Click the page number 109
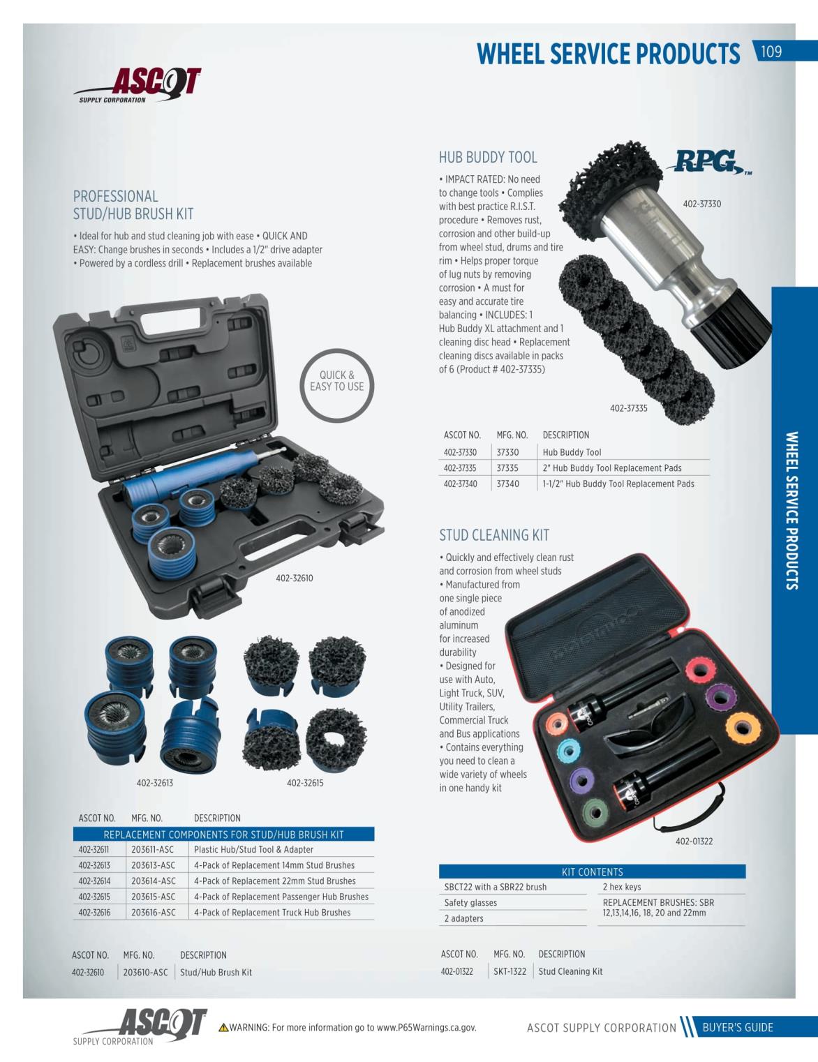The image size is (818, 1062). tap(771, 52)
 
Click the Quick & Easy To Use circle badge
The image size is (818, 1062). tap(336, 385)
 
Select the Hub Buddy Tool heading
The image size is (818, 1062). tap(488, 158)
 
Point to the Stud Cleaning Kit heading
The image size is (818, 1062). tap(494, 535)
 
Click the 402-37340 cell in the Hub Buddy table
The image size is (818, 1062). tap(460, 484)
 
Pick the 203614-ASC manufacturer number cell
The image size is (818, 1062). tap(153, 881)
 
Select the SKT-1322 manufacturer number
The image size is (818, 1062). tap(510, 971)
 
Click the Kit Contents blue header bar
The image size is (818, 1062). tap(593, 872)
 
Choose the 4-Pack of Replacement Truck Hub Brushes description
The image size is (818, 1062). tap(272, 912)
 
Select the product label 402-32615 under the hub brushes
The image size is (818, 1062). tap(305, 783)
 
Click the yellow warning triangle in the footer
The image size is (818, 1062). tap(223, 1027)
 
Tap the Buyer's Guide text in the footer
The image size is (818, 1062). tap(737, 1027)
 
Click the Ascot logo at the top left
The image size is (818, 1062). tap(137, 85)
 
